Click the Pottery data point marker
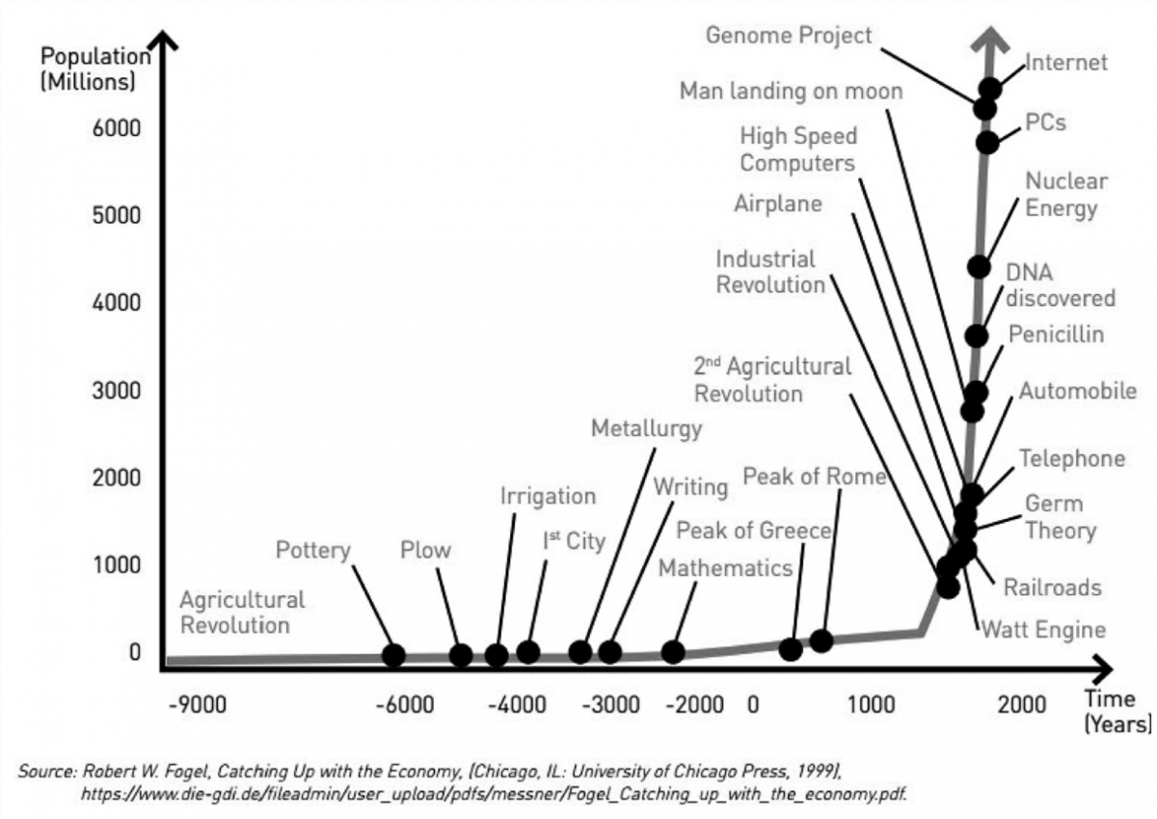click(393, 655)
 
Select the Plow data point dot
click(461, 655)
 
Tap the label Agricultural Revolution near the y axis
click(241, 613)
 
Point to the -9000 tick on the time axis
click(198, 703)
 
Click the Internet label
click(1065, 63)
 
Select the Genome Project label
click(789, 36)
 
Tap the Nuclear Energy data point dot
click(979, 266)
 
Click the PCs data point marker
click(987, 143)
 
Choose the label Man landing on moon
click(791, 91)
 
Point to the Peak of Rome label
click(814, 477)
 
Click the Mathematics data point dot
click(673, 652)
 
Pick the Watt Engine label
click(1043, 631)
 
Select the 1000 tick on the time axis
click(871, 703)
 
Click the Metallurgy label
click(646, 428)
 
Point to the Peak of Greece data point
click(791, 649)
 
